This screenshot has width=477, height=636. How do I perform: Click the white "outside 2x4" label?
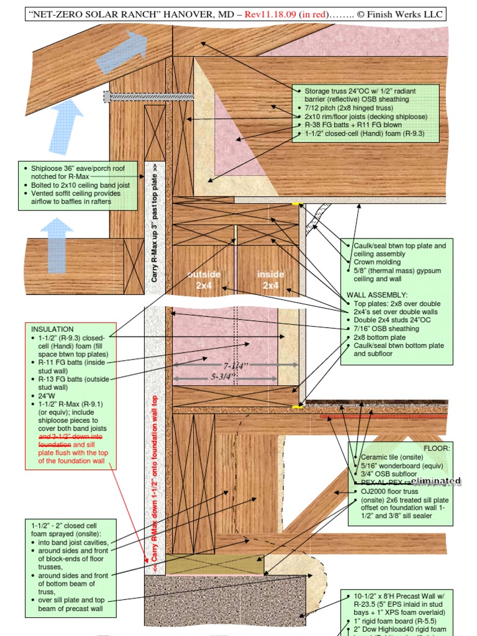pyautogui.click(x=204, y=279)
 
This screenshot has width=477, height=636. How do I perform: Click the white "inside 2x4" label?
pyautogui.click(x=271, y=279)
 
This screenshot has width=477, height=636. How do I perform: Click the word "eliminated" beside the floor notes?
pyautogui.click(x=437, y=481)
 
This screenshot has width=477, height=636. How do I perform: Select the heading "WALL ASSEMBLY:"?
pyautogui.click(x=377, y=294)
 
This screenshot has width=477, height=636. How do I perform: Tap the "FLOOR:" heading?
pyautogui.click(x=437, y=447)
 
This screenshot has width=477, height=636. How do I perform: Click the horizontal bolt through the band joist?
pyautogui.click(x=149, y=97)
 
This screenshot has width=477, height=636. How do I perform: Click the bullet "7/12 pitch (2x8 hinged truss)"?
pyautogui.click(x=350, y=108)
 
